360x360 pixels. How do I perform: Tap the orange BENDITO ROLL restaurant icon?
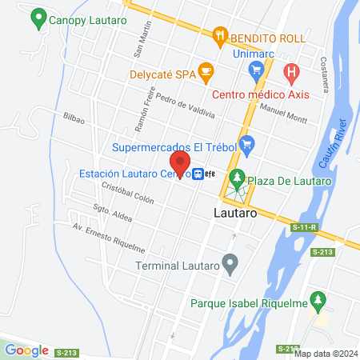click(218, 35)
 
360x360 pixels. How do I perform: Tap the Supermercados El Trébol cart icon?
click(246, 146)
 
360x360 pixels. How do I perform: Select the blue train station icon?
click(198, 174)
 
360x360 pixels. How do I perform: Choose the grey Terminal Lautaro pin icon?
click(231, 262)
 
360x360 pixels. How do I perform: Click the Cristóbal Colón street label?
click(127, 194)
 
